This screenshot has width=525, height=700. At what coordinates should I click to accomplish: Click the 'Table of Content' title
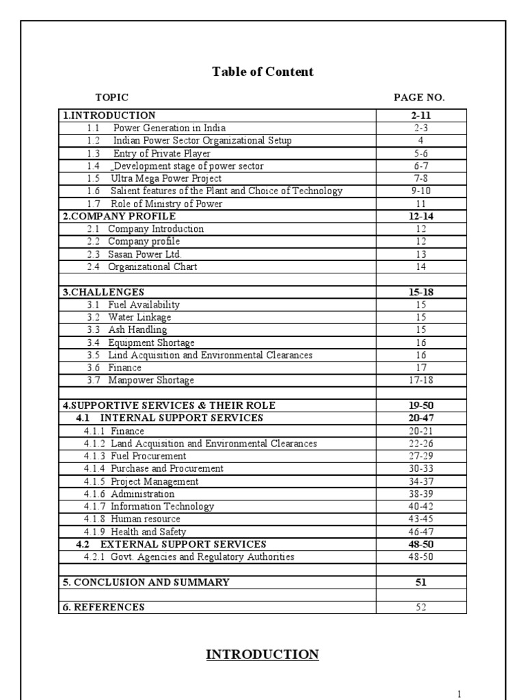pyautogui.click(x=262, y=72)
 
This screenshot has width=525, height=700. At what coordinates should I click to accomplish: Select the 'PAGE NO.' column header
pyautogui.click(x=419, y=98)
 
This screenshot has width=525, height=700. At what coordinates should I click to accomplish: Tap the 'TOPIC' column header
pyautogui.click(x=111, y=98)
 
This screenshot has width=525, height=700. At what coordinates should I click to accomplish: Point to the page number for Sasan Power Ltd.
pyautogui.click(x=421, y=254)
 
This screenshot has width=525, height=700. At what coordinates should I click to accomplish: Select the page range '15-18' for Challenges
pyautogui.click(x=421, y=292)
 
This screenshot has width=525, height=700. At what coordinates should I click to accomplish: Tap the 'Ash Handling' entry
pyautogui.click(x=137, y=329)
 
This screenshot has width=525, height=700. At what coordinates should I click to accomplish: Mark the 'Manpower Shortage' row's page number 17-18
pyautogui.click(x=421, y=380)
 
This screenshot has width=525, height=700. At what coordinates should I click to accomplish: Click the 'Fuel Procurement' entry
pyautogui.click(x=148, y=456)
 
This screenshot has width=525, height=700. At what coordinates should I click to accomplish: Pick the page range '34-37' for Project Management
pyautogui.click(x=421, y=481)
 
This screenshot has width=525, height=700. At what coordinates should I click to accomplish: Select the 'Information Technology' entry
pyautogui.click(x=162, y=507)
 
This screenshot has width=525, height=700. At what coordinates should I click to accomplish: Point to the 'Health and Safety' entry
pyautogui.click(x=148, y=532)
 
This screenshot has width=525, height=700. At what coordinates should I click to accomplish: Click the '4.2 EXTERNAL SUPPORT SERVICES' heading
pyautogui.click(x=171, y=544)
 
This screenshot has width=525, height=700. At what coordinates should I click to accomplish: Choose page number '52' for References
pyautogui.click(x=421, y=607)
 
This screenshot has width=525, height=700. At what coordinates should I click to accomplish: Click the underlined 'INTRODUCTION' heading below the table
pyautogui.click(x=262, y=655)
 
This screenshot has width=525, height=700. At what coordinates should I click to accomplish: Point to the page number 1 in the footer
pyautogui.click(x=459, y=695)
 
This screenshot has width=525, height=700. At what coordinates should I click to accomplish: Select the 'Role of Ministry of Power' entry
pyautogui.click(x=166, y=204)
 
